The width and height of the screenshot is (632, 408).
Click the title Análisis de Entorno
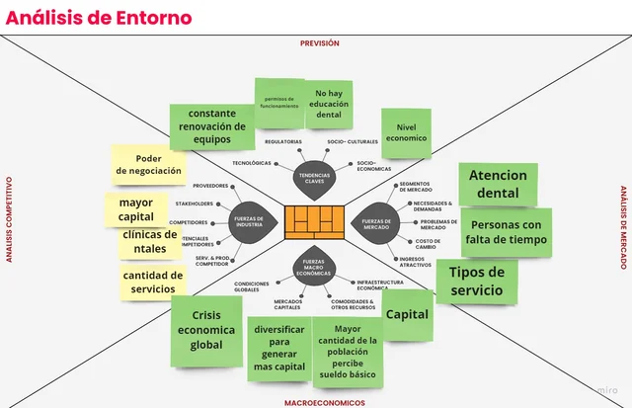click(x=85, y=17)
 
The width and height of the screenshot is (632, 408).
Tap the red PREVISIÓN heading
click(x=319, y=43)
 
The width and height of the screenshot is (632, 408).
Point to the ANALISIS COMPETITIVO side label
click(x=8, y=219)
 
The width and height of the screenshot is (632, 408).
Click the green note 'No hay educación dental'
click(x=328, y=105)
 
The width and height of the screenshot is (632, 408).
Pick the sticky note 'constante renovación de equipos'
click(x=211, y=126)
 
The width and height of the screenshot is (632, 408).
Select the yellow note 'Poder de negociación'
click(x=148, y=164)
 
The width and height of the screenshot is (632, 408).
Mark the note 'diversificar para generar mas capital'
click(x=278, y=347)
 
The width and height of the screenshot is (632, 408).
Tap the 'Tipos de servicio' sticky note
click(x=477, y=282)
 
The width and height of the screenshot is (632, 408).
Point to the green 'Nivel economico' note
click(x=405, y=133)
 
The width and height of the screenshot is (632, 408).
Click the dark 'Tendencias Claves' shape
click(x=316, y=181)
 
